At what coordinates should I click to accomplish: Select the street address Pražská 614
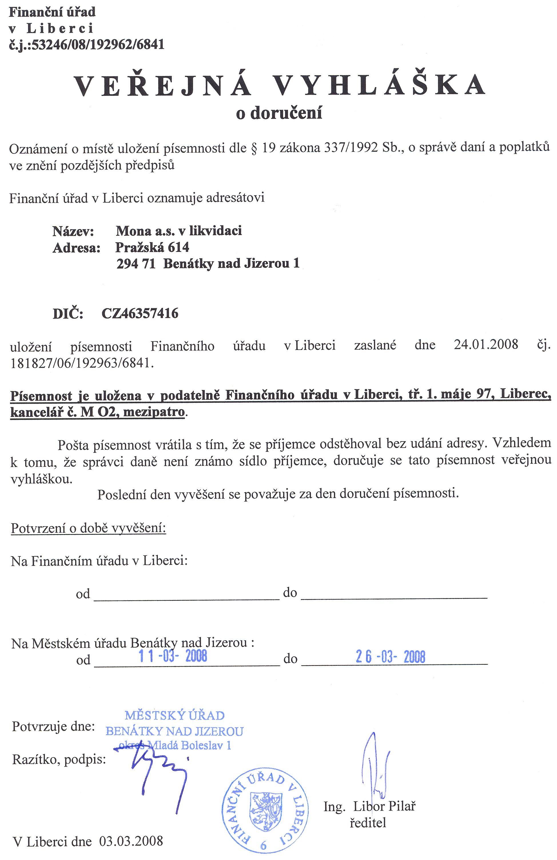152,247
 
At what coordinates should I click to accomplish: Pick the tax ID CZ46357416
140,313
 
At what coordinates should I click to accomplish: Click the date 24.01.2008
486,344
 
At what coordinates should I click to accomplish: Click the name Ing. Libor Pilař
369,806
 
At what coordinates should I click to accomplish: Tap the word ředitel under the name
368,823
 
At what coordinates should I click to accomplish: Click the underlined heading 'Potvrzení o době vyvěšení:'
89,528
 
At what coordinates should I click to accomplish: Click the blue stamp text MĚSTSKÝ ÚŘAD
175,715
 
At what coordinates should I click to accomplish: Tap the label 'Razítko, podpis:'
59,760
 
